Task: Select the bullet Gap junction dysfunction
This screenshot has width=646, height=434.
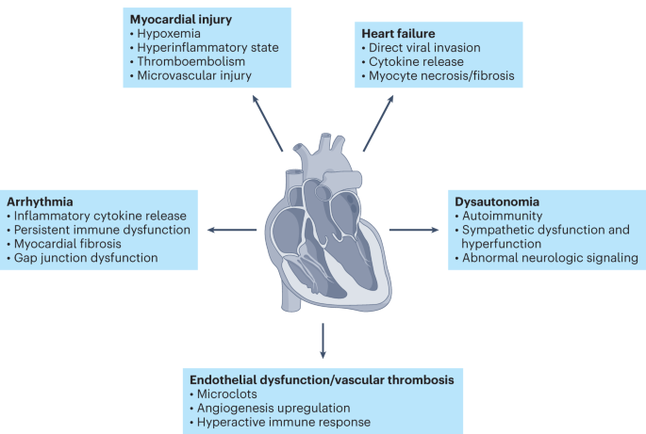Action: pos(90,258)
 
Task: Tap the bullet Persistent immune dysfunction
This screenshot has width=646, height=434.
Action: pos(101,229)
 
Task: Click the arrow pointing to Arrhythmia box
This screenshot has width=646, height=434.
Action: pos(232,228)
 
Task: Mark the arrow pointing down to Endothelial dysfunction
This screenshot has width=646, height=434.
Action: pos(323,340)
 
